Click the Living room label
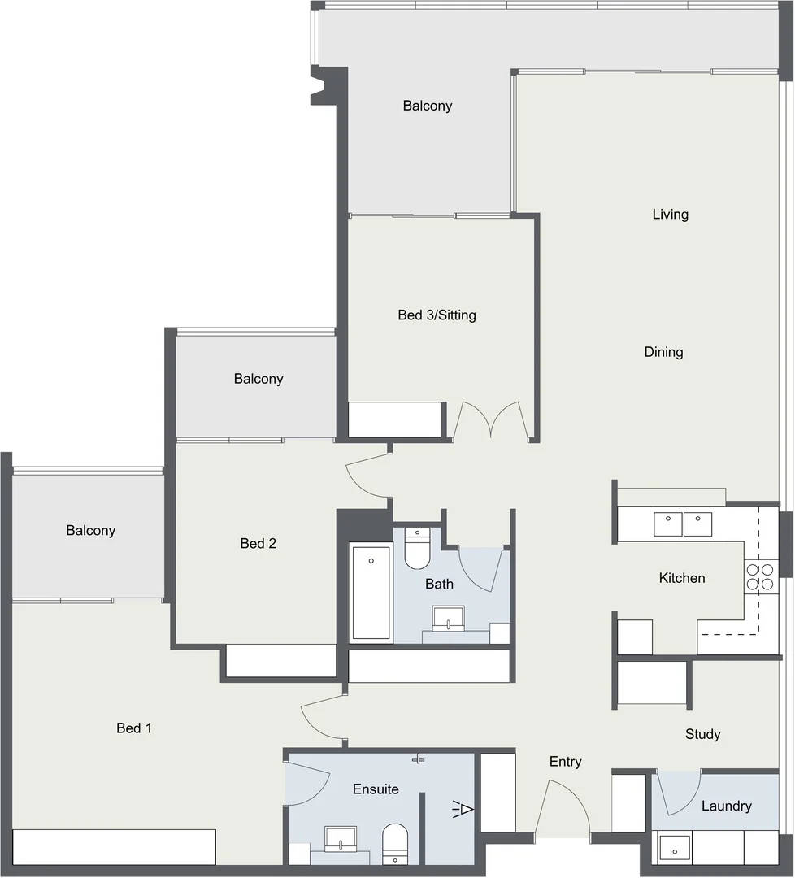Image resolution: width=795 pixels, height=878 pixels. (670, 215)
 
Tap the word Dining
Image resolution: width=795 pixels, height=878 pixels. (663, 352)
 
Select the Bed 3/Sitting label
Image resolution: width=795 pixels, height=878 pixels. (437, 315)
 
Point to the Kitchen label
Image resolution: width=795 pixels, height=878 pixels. (681, 578)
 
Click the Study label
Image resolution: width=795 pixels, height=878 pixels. (702, 734)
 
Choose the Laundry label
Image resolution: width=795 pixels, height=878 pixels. (726, 806)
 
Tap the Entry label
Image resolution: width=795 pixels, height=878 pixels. (565, 762)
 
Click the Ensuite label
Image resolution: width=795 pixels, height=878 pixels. (376, 789)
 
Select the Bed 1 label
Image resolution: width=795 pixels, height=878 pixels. (134, 728)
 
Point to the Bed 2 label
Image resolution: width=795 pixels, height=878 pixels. (258, 543)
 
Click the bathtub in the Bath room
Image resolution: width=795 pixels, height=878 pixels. (371, 593)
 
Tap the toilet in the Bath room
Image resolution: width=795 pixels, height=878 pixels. (417, 549)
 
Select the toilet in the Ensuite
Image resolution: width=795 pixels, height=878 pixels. (395, 842)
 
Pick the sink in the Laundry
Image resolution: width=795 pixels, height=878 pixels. (674, 849)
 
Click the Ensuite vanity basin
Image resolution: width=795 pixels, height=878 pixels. (341, 838)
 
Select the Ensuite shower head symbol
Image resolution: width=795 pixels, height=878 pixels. (463, 809)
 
